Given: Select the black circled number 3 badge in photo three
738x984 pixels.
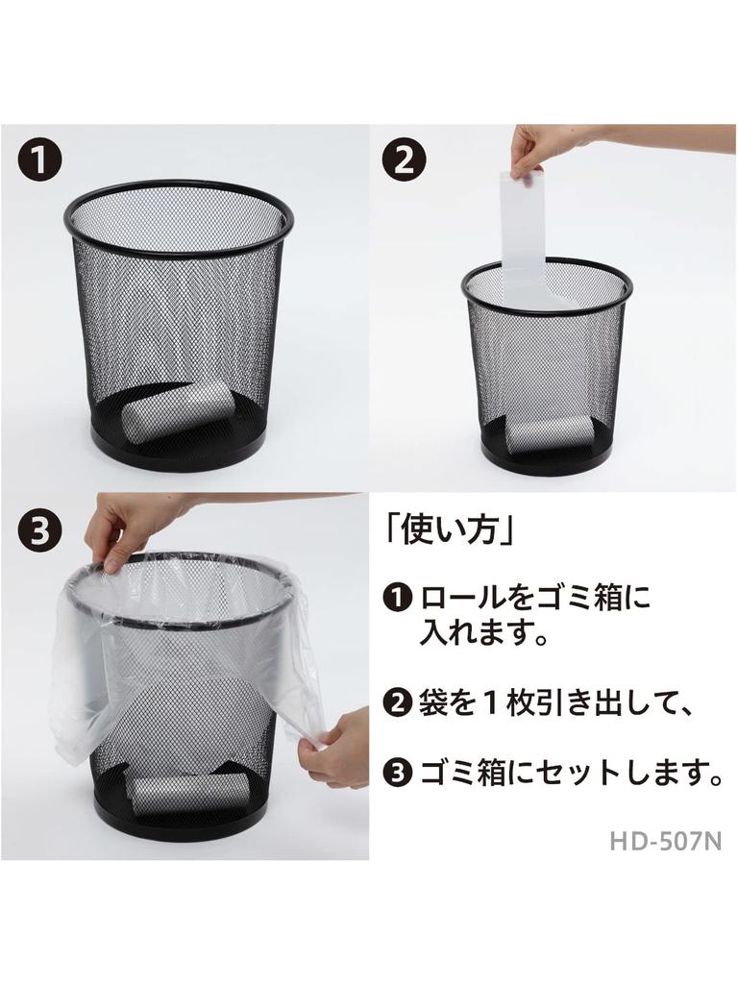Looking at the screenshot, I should click(x=39, y=530).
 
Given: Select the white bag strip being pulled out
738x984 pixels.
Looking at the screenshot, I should click(x=524, y=231).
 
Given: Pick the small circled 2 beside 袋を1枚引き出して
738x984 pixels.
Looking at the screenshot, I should click(x=396, y=705).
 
